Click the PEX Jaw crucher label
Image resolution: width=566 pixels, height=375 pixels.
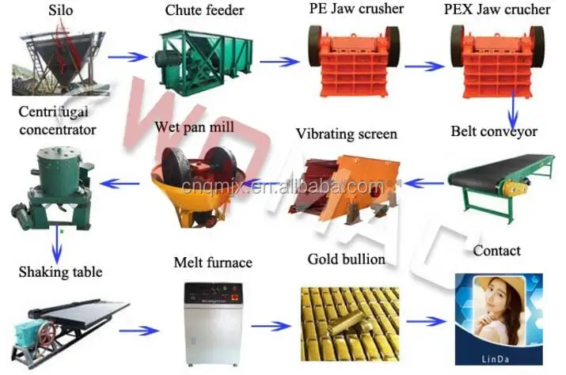click(497, 11)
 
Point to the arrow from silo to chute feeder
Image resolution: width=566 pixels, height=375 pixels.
click(126, 57)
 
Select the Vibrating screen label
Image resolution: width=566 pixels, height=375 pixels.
click(347, 134)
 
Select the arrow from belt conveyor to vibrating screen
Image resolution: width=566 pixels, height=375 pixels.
click(424, 184)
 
